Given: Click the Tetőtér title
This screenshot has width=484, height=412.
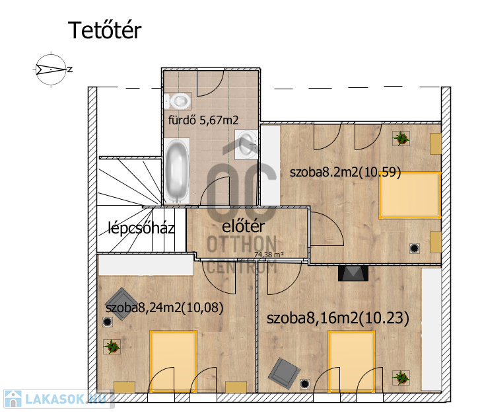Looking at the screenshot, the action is click(104, 30).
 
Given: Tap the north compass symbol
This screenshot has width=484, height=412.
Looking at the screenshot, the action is click(52, 69).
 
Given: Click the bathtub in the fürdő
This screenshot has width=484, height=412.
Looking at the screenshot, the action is click(177, 171).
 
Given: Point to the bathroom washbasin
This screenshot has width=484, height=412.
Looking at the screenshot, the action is click(246, 144).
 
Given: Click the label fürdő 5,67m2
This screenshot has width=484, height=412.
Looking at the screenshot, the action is click(203, 120).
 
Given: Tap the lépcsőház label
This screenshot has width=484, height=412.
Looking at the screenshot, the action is click(141, 228).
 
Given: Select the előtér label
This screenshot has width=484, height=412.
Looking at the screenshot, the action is click(243, 226).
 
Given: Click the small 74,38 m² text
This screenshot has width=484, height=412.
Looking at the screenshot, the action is click(269, 255).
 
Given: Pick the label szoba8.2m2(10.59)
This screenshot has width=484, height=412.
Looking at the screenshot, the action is click(345, 172).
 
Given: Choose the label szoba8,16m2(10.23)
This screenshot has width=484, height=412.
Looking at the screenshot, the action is click(337, 318).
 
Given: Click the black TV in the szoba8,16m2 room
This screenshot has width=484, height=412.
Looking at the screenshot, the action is click(353, 273).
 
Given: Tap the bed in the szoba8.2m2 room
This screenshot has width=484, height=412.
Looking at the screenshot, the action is click(410, 195).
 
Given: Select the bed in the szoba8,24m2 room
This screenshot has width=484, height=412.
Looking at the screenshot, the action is click(173, 361).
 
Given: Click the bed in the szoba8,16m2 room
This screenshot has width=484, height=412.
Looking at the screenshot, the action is click(351, 361).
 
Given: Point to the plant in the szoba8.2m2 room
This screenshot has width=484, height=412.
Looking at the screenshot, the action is click(401, 138).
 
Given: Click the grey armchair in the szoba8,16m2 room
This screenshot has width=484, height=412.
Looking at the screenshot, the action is click(284, 373).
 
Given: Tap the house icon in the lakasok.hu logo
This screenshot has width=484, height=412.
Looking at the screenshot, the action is click(13, 399).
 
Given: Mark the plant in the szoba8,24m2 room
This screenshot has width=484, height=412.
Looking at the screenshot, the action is click(112, 347).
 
